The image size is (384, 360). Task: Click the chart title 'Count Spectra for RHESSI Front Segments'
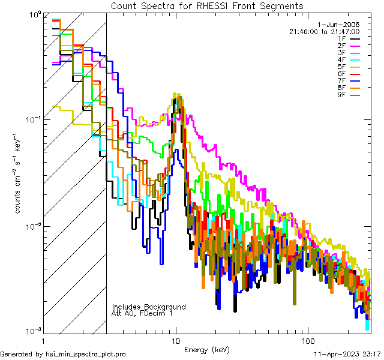207,5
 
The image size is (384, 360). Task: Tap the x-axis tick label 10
176,340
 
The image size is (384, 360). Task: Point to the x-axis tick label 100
308,340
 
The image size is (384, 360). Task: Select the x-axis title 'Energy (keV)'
206,349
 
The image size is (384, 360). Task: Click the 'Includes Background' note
149,307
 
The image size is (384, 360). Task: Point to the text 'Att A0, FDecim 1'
142,313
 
